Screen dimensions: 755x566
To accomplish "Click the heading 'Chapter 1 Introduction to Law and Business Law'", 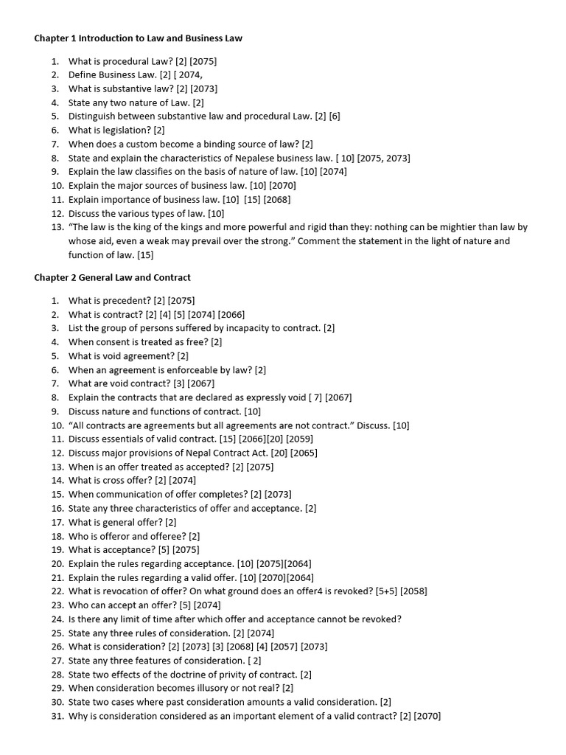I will (138, 38).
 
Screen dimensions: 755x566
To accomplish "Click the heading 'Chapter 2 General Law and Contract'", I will (112, 277).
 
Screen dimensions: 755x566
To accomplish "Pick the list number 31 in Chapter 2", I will (57, 715).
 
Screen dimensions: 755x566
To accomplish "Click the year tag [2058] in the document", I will (413, 591).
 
